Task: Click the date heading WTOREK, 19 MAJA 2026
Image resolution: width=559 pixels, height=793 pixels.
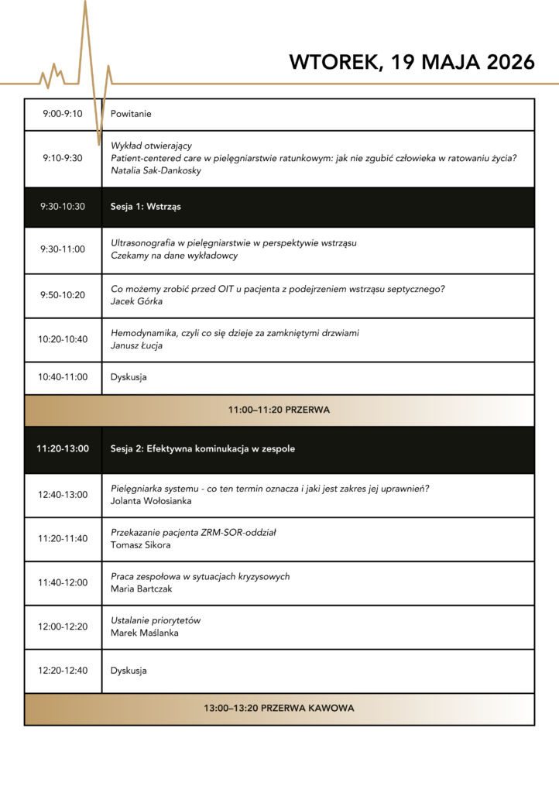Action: coord(411,63)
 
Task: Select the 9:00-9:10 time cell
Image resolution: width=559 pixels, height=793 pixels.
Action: coord(63,114)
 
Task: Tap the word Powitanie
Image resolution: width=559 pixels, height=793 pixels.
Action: coord(131,114)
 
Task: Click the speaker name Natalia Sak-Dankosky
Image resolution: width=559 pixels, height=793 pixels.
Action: coord(156,170)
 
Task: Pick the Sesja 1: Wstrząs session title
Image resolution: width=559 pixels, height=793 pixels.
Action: coord(146,207)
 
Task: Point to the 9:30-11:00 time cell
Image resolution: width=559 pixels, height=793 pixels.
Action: coord(63,249)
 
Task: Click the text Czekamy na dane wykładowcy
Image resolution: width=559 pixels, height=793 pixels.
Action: coord(174,256)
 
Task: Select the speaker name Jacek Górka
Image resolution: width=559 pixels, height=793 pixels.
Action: coord(137,301)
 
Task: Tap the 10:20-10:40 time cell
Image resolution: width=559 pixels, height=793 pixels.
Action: coord(63,339)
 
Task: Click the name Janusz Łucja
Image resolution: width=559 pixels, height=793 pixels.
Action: coord(137,345)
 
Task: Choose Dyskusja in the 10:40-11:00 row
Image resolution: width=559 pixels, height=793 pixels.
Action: coord(129,377)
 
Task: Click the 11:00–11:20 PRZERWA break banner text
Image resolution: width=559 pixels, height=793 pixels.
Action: coord(279,410)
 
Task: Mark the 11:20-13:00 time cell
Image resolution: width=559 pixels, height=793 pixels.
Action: coord(63,448)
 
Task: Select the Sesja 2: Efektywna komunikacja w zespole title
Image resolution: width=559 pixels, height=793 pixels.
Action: coord(203,448)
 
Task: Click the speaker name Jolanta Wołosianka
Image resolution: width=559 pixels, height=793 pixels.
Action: coord(152,501)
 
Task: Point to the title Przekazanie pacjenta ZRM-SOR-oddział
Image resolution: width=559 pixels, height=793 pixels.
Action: coord(194,532)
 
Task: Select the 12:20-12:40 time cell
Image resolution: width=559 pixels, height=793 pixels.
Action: coord(63,671)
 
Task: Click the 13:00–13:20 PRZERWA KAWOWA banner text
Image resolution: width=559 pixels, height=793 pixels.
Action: coord(279,709)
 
